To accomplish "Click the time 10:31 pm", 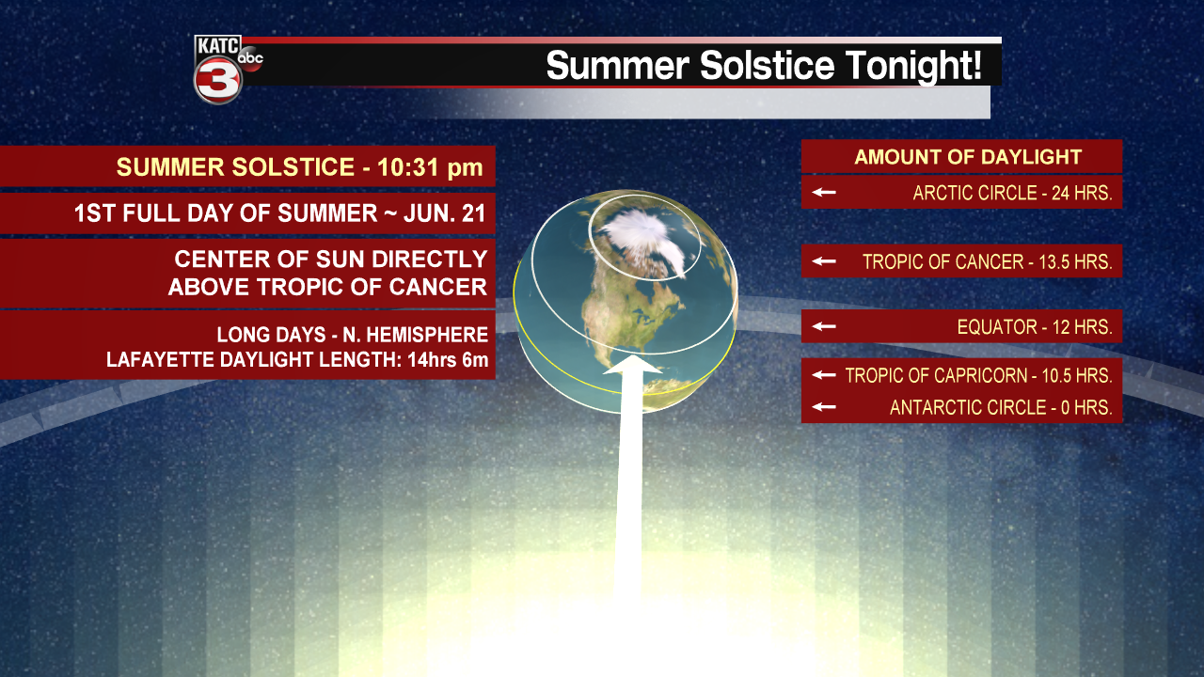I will [430, 167].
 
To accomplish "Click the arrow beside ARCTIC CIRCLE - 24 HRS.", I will [825, 193].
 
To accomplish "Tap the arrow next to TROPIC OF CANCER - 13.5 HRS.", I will [825, 261].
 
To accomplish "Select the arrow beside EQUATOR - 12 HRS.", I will [825, 326].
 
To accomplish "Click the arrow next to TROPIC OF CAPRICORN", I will [825, 375].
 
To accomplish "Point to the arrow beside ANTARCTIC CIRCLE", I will [825, 407].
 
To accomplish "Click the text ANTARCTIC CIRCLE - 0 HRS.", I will [1001, 408].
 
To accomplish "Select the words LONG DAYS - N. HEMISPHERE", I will [352, 335].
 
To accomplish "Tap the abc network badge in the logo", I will [250, 58].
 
